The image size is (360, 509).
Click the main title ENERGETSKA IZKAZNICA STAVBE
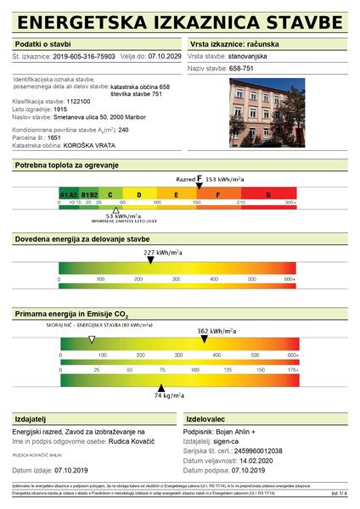(179, 20)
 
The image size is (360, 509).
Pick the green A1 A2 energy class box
(69, 194)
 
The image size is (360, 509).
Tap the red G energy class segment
(268, 194)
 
